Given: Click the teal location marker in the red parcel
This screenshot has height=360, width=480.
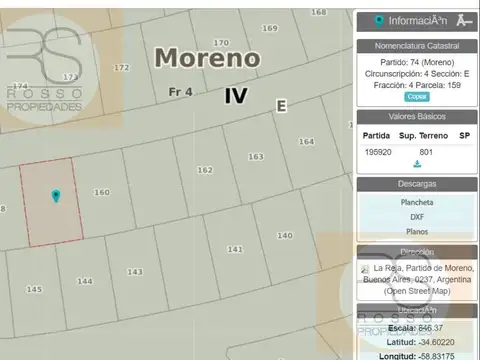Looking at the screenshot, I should point(56,196).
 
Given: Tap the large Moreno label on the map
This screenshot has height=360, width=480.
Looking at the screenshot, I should point(207,58).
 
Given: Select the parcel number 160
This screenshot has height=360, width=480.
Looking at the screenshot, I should point(102,192).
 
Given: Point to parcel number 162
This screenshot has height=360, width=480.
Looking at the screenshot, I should point(204,170).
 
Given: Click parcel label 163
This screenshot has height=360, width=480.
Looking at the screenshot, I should point(255,156).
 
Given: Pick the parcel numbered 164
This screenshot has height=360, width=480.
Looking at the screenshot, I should point(306,141).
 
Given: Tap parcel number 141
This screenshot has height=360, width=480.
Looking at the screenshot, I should point(235,248).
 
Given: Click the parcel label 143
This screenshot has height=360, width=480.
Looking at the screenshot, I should point(135,272).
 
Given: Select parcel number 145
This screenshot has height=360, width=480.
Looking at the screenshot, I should point(34,289).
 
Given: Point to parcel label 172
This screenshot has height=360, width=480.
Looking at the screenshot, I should point(121,68).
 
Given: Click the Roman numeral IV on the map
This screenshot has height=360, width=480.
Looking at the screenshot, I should point(236,96).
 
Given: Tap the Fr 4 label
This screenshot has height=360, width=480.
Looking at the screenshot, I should point(180,93).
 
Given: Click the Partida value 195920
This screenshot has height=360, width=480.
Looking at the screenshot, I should point(377,151).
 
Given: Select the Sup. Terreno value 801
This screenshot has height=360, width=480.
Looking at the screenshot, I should point(426,151).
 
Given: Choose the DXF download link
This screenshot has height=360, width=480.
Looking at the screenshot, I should point(417,216).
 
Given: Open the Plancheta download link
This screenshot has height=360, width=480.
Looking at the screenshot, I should point(417,201).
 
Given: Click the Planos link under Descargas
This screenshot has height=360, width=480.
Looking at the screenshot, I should point(417,231).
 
